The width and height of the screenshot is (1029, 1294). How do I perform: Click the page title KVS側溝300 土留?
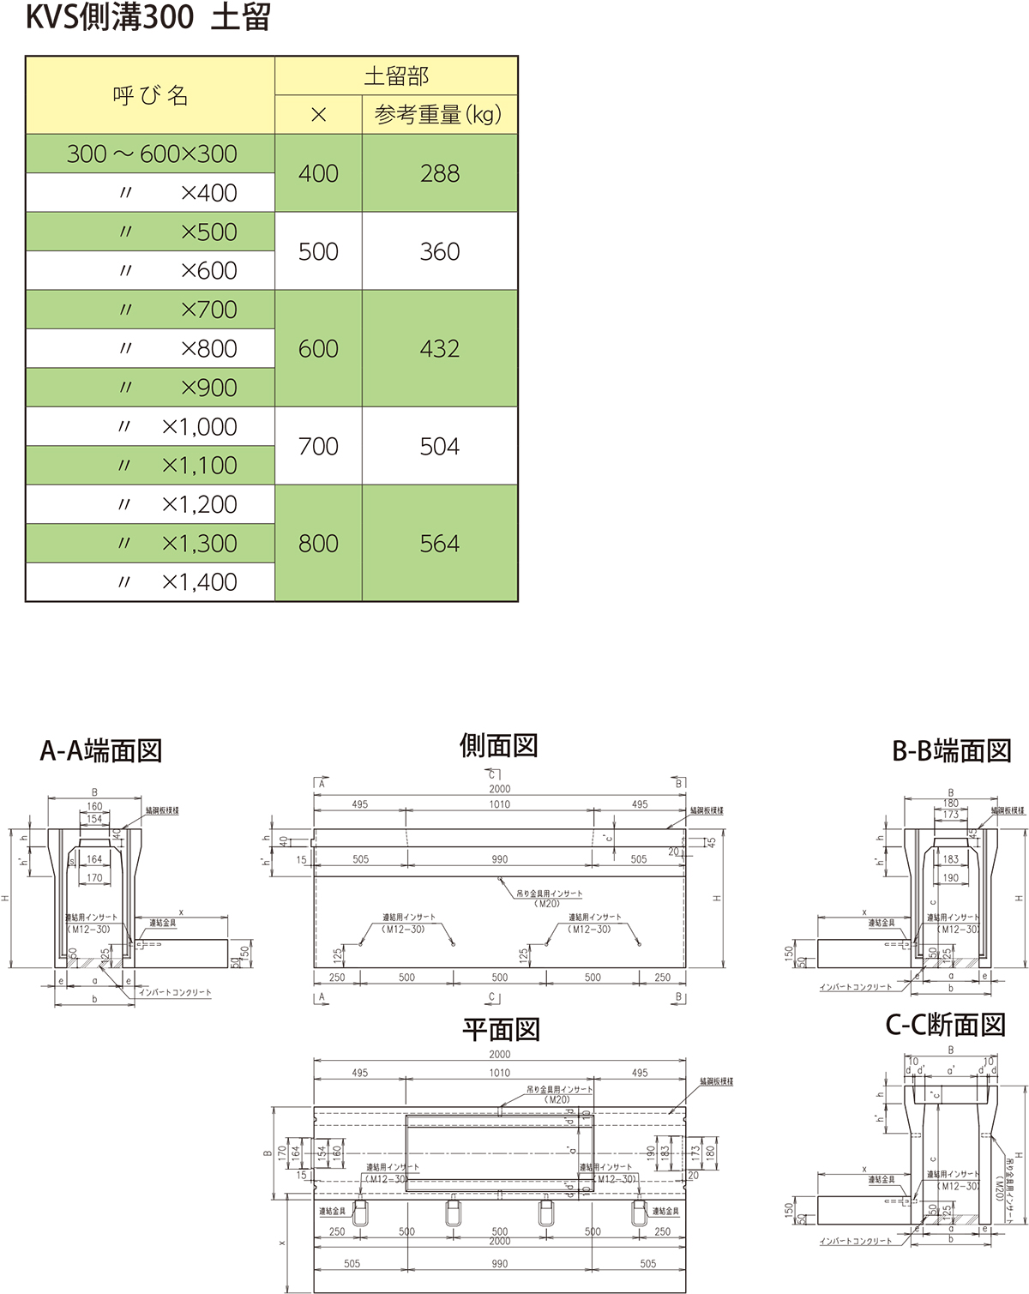point(147,18)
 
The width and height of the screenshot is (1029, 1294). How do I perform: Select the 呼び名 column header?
point(150,95)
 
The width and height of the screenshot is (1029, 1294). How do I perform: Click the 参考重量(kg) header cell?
point(438,115)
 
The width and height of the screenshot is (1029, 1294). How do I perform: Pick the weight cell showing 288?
point(440,173)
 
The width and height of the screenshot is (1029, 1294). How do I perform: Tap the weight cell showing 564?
point(440,544)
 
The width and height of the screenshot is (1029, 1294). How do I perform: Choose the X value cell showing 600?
point(318,349)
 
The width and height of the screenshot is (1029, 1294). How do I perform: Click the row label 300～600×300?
point(152,154)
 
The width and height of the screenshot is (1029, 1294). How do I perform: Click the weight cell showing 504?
point(440,447)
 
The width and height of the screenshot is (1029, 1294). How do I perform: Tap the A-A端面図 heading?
point(101,751)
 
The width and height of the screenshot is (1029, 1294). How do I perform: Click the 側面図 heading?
point(498,746)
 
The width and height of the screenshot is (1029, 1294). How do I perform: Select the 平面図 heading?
point(501,1029)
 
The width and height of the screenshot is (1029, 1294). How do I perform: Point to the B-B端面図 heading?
point(952,751)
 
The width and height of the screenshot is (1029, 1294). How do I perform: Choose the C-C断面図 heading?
point(945,1025)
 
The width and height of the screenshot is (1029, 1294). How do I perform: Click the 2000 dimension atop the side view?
point(500,789)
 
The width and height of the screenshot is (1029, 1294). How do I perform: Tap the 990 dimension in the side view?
point(500,859)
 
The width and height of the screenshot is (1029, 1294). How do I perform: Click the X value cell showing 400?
point(318,173)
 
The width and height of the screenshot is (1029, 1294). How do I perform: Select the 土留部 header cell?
point(396,76)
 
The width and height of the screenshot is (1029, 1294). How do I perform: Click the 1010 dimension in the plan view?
point(500,1073)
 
